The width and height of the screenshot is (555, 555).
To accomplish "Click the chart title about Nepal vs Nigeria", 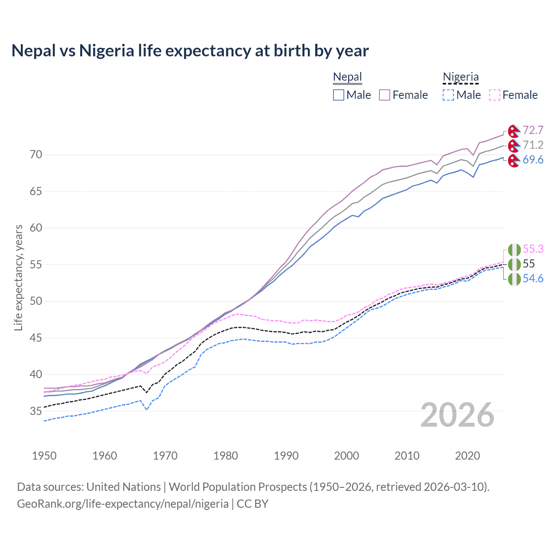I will [x=190, y=51].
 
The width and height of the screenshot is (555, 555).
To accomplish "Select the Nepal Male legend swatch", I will [x=339, y=95].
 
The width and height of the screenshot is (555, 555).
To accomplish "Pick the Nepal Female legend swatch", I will [x=385, y=95].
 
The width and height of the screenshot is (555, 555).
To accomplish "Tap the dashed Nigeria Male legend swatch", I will [x=448, y=95].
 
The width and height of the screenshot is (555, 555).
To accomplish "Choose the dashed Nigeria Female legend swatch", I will [x=495, y=95].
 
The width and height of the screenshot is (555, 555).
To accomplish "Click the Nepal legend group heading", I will [x=347, y=77].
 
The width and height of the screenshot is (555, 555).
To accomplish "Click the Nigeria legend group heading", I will [x=460, y=77].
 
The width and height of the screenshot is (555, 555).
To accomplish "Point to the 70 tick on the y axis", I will [x=36, y=155].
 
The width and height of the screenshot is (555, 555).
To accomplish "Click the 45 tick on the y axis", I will [x=36, y=338].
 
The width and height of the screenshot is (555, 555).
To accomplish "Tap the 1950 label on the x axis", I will [x=44, y=456].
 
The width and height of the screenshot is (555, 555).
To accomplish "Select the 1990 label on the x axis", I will [x=286, y=456].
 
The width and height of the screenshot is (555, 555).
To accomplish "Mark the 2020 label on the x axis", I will [x=467, y=456].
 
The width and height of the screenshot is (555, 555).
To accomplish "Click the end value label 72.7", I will [x=533, y=131].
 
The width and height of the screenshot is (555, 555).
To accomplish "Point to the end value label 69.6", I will [x=533, y=160].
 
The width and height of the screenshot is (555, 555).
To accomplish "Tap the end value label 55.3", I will [x=533, y=249].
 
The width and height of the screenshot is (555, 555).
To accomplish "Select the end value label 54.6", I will [x=533, y=279].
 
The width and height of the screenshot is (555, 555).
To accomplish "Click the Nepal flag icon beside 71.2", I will [x=514, y=145].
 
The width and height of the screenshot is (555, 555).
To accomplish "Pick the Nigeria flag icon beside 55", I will [x=514, y=264].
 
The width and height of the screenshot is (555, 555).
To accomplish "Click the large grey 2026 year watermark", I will [x=457, y=415].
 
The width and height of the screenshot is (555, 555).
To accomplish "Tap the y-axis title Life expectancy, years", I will [x=19, y=277].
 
